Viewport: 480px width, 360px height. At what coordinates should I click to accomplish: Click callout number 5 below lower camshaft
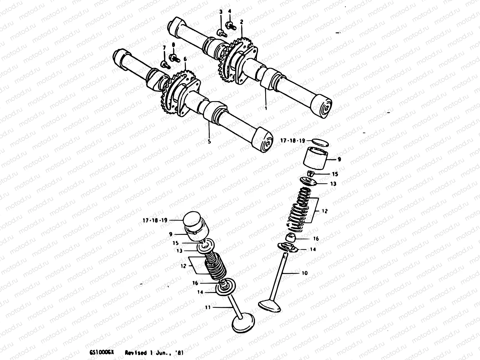pyautogui.click(x=209, y=141)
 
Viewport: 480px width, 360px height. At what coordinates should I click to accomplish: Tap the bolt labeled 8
pyautogui.click(x=174, y=58)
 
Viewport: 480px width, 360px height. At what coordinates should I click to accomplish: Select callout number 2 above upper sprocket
pyautogui.click(x=241, y=22)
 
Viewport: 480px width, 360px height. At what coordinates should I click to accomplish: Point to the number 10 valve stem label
pyautogui.click(x=305, y=273)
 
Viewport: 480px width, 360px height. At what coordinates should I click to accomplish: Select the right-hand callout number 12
pyautogui.click(x=325, y=211)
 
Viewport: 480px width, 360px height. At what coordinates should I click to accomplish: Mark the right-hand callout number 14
pyautogui.click(x=313, y=249)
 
